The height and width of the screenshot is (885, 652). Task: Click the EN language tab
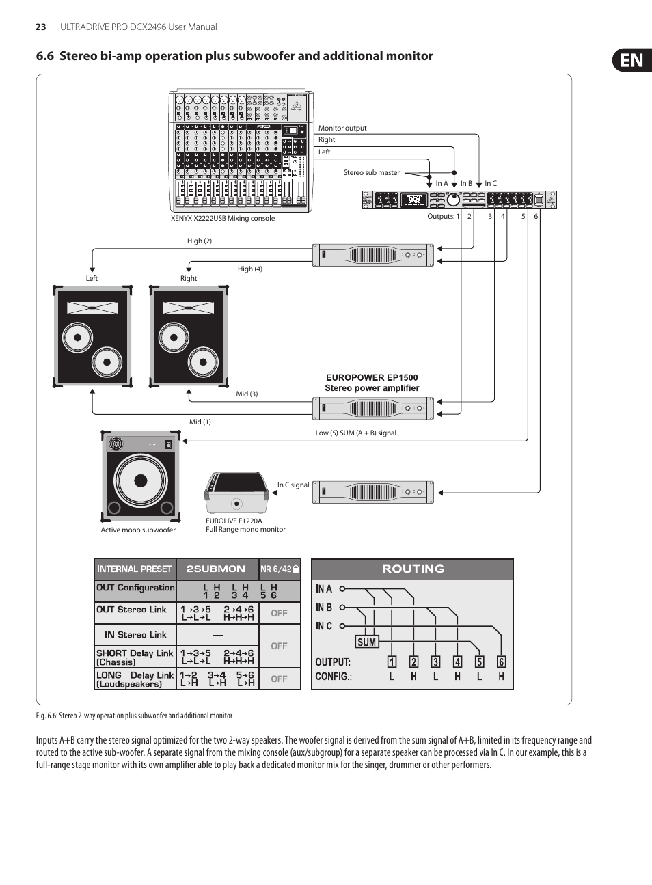click(x=632, y=61)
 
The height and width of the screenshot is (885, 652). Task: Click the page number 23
click(x=41, y=27)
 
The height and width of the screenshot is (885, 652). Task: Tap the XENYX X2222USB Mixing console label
click(x=223, y=219)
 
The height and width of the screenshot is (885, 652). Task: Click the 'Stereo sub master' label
click(x=371, y=173)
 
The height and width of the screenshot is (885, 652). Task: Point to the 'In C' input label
click(x=491, y=184)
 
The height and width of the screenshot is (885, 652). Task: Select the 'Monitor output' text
click(x=342, y=128)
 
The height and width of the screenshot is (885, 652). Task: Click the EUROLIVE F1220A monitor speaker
click(x=236, y=492)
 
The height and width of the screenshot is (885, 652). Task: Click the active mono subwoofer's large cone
click(x=141, y=480)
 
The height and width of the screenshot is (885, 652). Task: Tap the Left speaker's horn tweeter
click(x=92, y=308)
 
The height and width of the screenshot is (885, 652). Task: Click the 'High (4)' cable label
click(x=249, y=269)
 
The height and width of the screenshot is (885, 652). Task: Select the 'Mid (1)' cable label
click(x=200, y=422)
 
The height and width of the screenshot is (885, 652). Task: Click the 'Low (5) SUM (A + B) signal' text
click(x=355, y=433)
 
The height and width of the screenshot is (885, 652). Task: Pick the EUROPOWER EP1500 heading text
click(x=372, y=378)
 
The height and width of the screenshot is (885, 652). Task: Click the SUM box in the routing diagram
click(x=366, y=642)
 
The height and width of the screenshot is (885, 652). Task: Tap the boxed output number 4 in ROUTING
click(x=457, y=662)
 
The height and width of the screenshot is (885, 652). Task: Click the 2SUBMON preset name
click(x=216, y=569)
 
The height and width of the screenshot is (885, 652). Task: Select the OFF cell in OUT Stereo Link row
click(x=279, y=614)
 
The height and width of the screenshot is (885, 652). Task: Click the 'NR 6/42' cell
click(x=279, y=569)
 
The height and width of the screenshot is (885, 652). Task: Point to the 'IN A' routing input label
click(x=324, y=589)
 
